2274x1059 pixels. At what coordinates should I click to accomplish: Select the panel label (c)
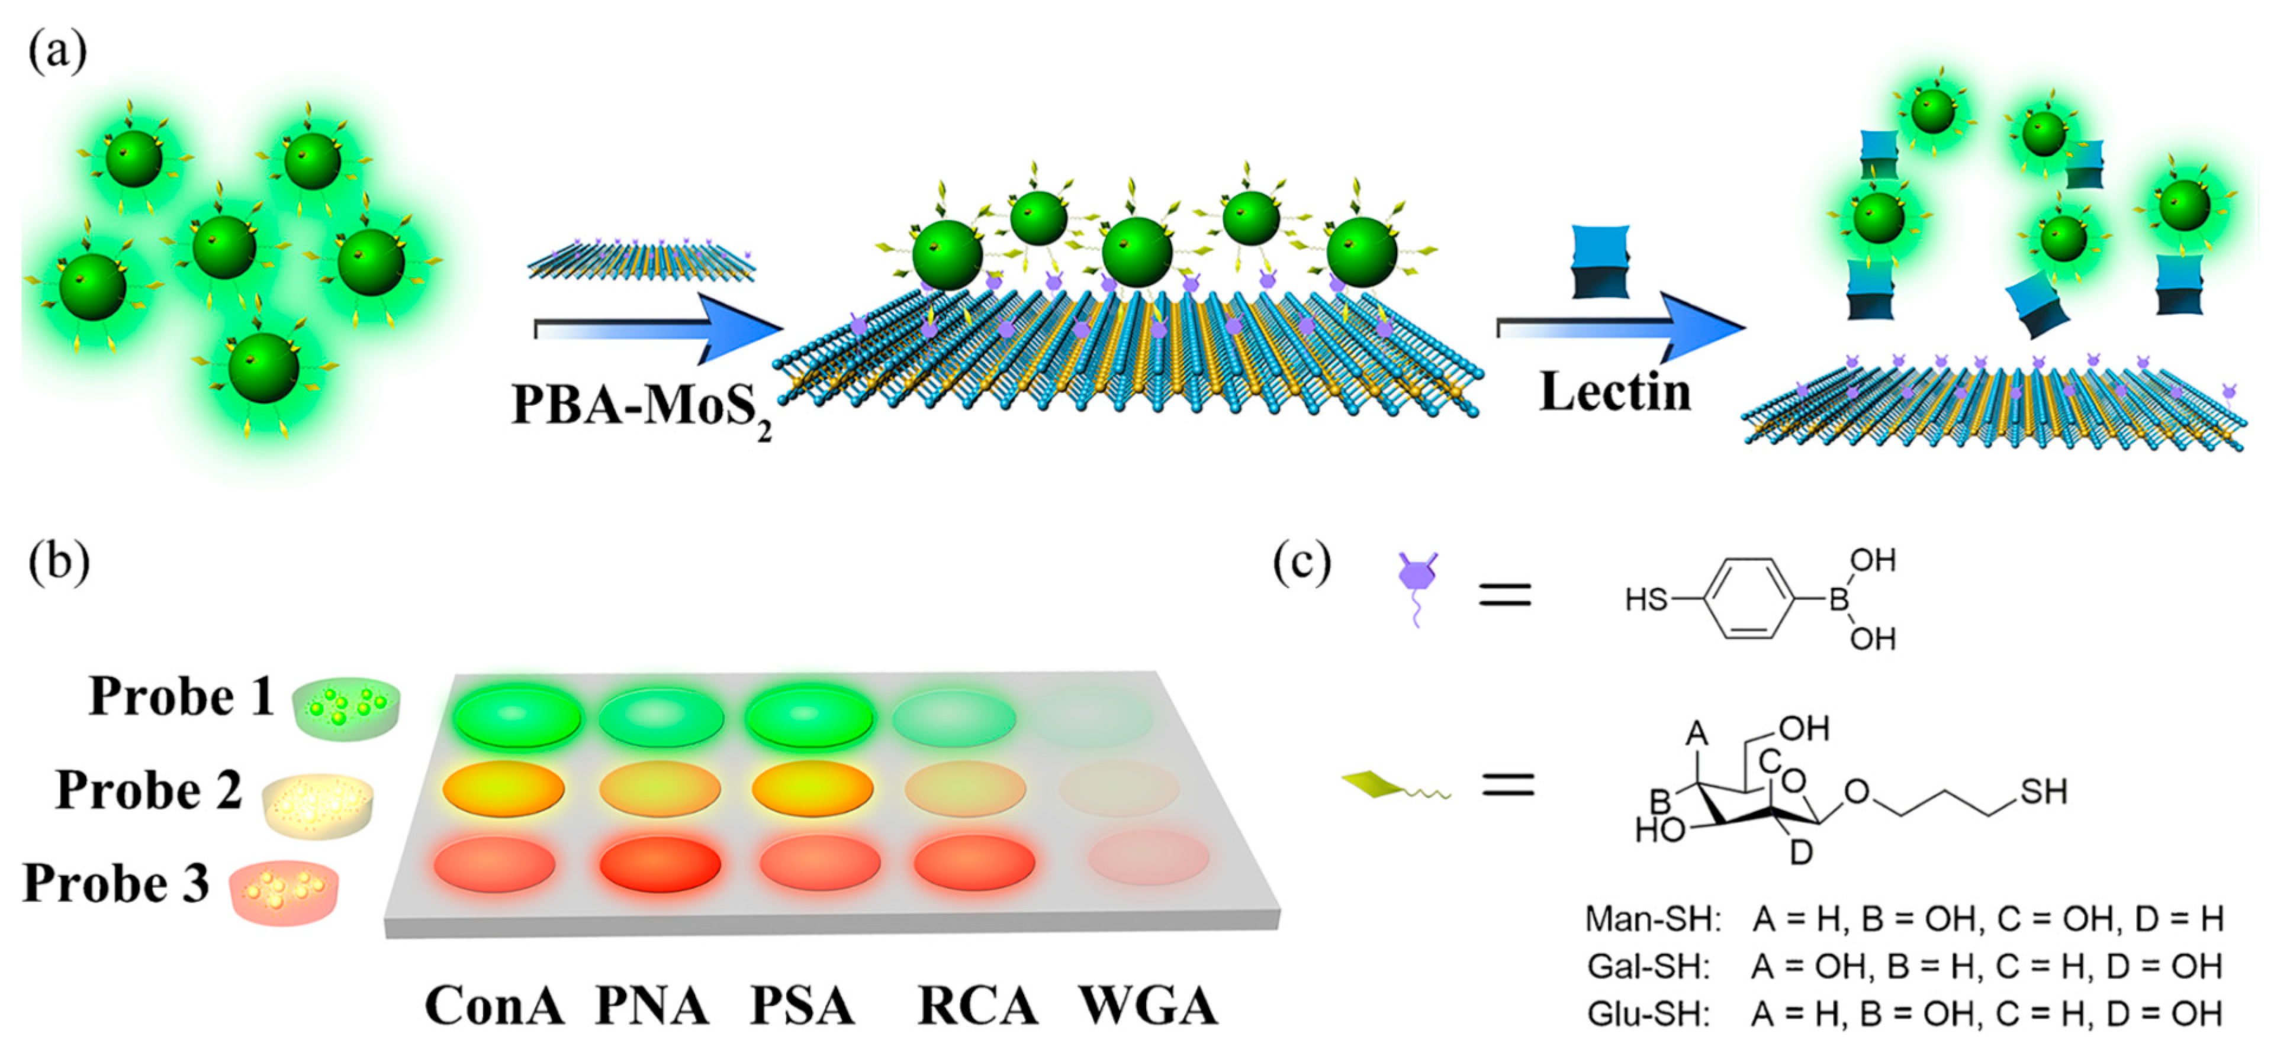pos(1302,563)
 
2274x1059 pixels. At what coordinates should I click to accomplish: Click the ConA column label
pos(494,1006)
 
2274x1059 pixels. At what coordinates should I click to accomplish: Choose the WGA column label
pos(1147,1006)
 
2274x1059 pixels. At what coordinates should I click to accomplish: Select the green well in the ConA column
pos(518,716)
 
